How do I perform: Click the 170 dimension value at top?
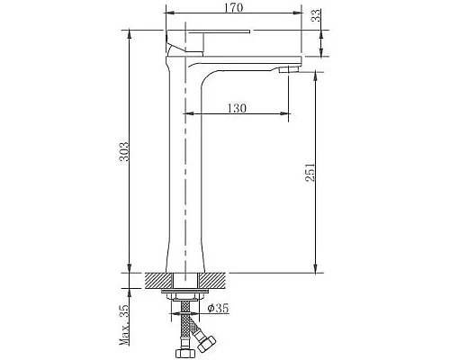234,7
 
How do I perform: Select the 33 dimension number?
316,15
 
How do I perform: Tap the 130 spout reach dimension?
237,108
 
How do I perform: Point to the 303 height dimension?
124,151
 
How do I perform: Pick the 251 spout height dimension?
310,172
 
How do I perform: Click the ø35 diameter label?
218,308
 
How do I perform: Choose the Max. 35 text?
124,325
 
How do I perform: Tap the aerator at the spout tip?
289,70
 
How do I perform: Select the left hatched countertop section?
159,280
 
